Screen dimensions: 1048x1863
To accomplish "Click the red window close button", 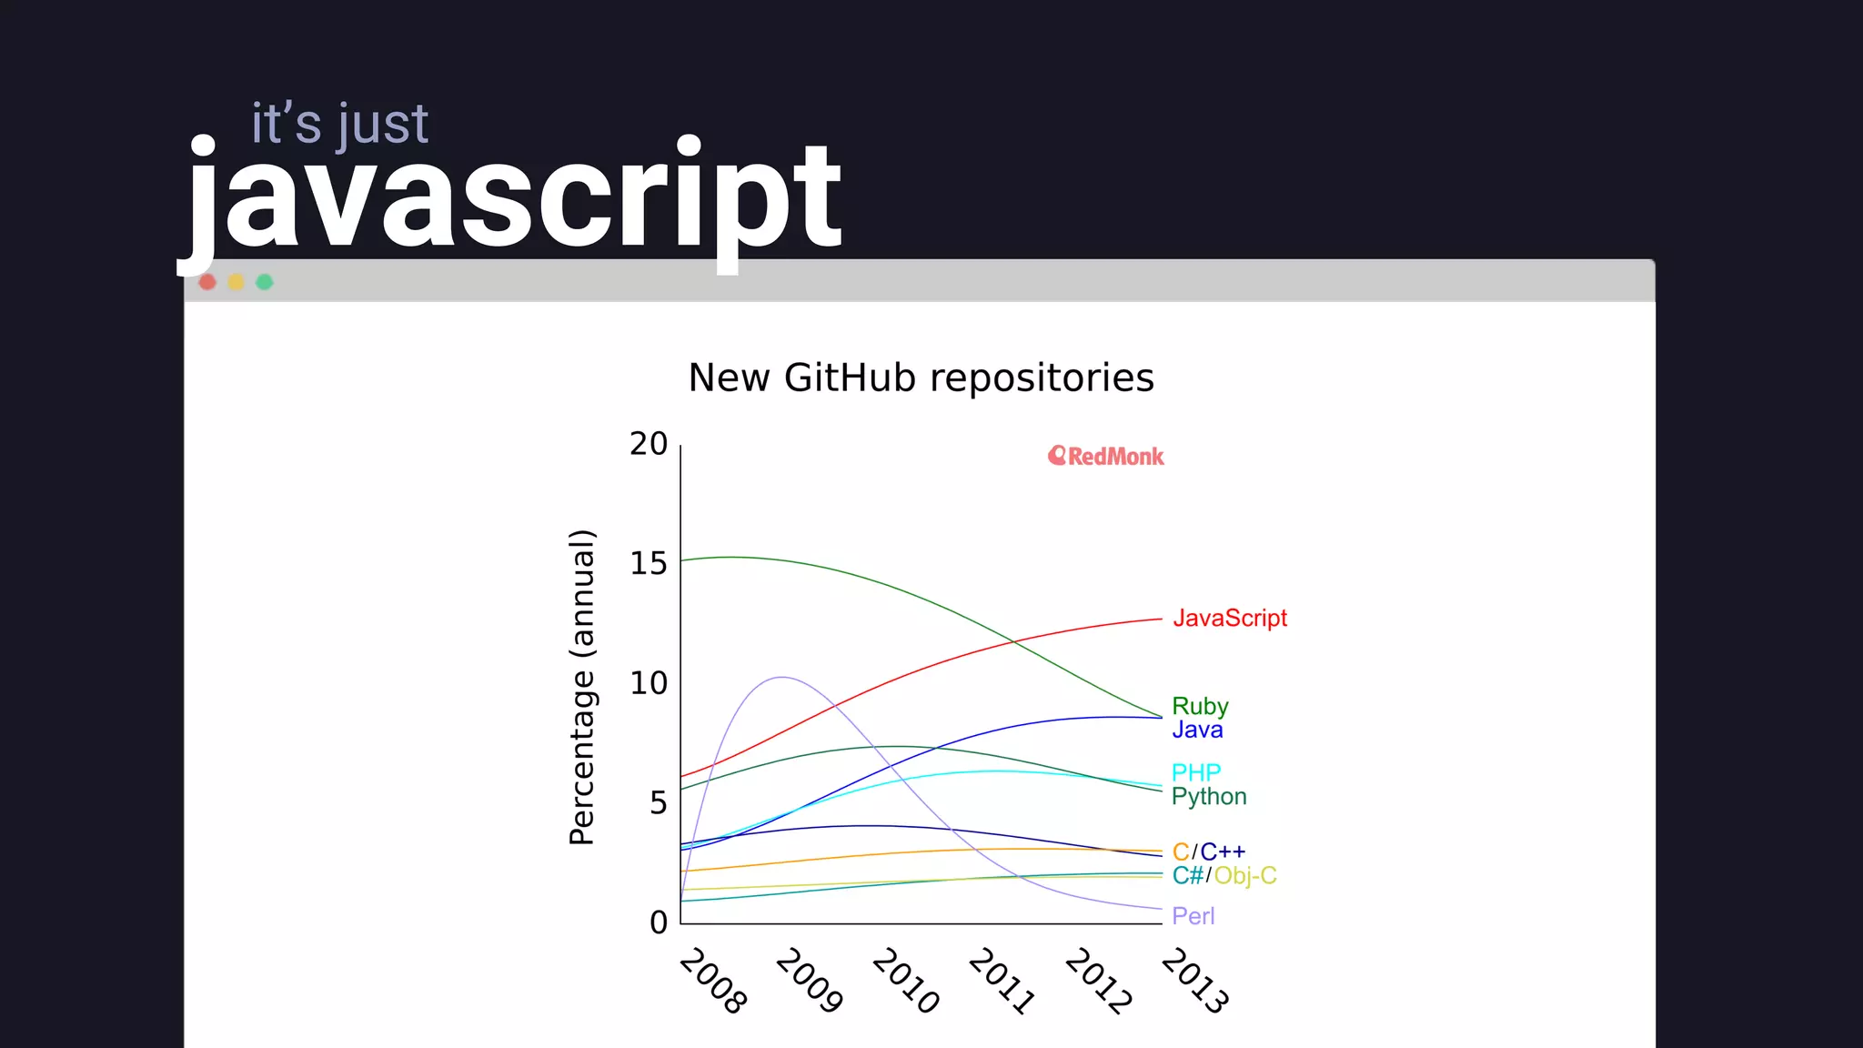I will point(207,282).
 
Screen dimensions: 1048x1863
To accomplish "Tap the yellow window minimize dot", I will point(236,282).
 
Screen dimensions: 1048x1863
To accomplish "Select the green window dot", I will point(265,282).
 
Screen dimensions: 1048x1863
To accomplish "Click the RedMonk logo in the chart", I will point(1105,456).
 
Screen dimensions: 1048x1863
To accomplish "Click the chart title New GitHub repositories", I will point(921,378).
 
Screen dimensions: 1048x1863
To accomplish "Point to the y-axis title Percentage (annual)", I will point(582,687).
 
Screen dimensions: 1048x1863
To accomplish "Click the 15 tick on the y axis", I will point(649,564).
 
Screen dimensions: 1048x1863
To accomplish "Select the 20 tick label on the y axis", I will point(649,444).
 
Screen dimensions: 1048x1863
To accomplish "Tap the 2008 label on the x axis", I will point(713,981).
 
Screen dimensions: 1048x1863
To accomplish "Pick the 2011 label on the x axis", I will point(1002,981).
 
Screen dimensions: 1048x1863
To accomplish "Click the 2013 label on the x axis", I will point(1194,981).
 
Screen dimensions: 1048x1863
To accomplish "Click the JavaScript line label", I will point(1229,619).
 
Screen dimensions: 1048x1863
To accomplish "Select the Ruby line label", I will point(1200,706).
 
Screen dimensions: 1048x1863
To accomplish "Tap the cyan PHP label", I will point(1195,772).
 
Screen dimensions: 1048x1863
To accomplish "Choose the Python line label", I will point(1208,797).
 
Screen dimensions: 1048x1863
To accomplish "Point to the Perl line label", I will point(1193,916).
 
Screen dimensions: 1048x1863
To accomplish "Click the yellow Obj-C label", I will point(1245,876).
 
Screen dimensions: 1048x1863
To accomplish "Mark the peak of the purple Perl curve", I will point(781,677).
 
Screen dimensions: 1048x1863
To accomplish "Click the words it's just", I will point(339,124).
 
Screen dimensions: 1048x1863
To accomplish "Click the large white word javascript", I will point(515,198).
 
